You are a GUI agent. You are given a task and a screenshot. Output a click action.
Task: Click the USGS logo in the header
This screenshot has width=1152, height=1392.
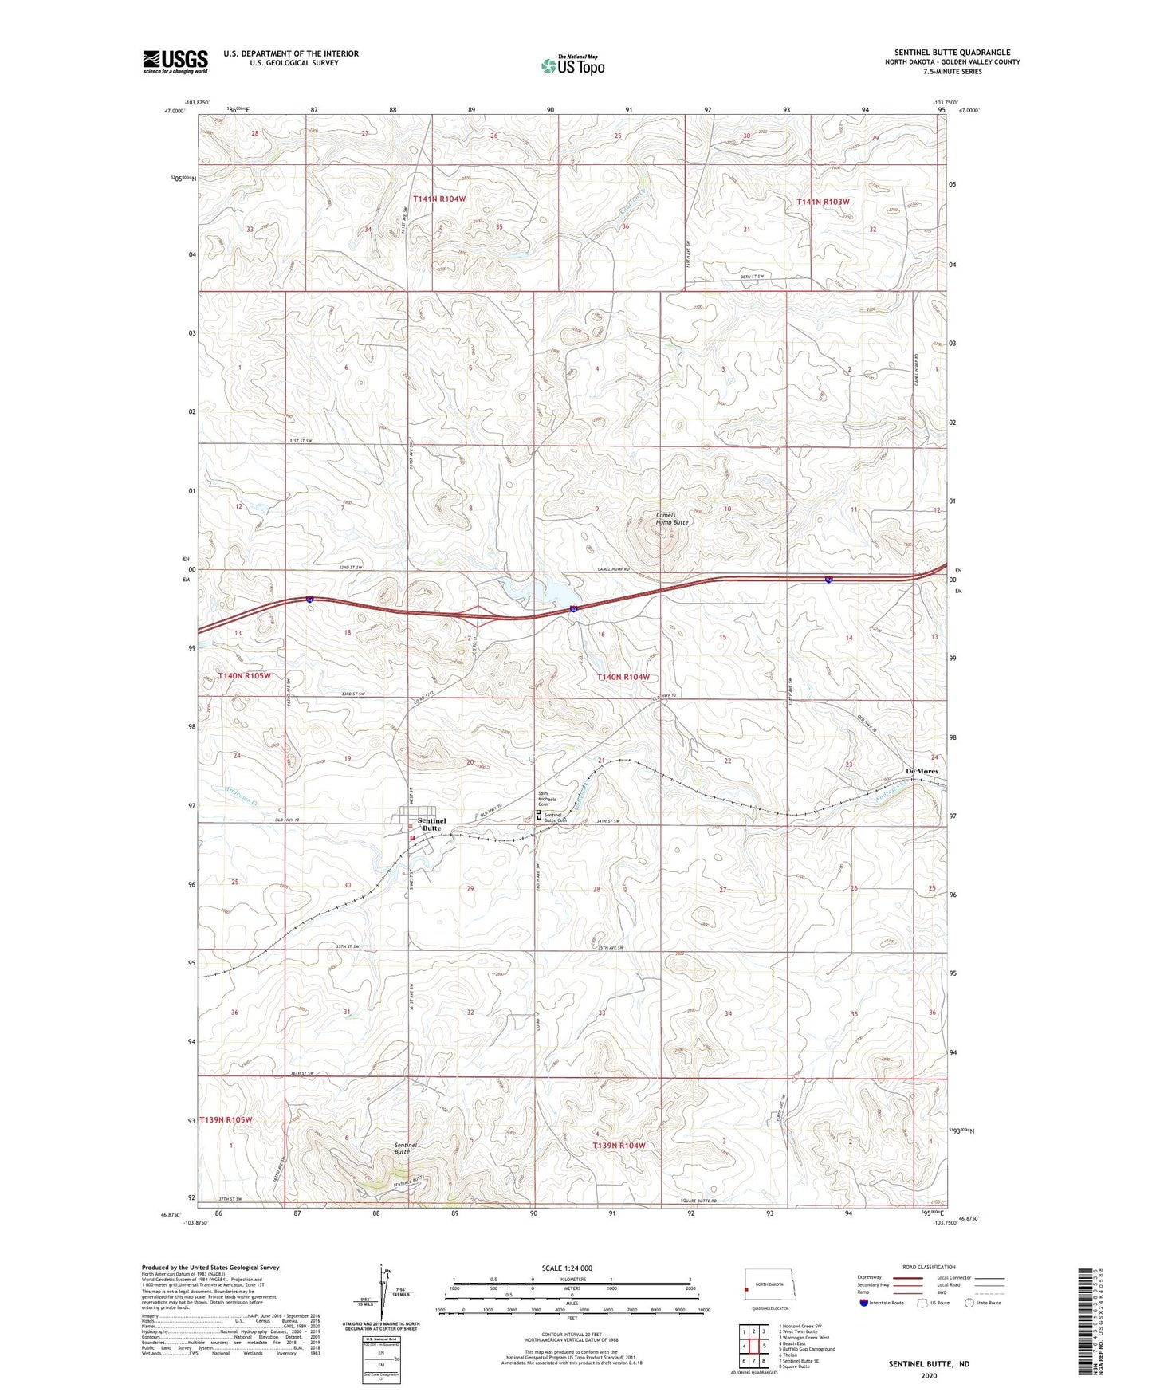pyautogui.click(x=175, y=61)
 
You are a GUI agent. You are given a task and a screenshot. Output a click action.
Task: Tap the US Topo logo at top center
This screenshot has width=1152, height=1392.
pyautogui.click(x=571, y=66)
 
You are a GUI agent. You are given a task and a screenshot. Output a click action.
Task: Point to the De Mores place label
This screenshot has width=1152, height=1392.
pyautogui.click(x=922, y=771)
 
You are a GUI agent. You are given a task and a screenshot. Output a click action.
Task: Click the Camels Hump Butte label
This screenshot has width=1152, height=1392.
pyautogui.click(x=671, y=519)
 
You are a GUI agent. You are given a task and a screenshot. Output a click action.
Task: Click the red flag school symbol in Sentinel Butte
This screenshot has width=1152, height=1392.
pyautogui.click(x=411, y=838)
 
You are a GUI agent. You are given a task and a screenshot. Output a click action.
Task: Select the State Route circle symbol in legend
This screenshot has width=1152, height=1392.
pyautogui.click(x=969, y=1303)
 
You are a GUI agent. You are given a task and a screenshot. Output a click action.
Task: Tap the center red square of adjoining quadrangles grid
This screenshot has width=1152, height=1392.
pyautogui.click(x=754, y=1346)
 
